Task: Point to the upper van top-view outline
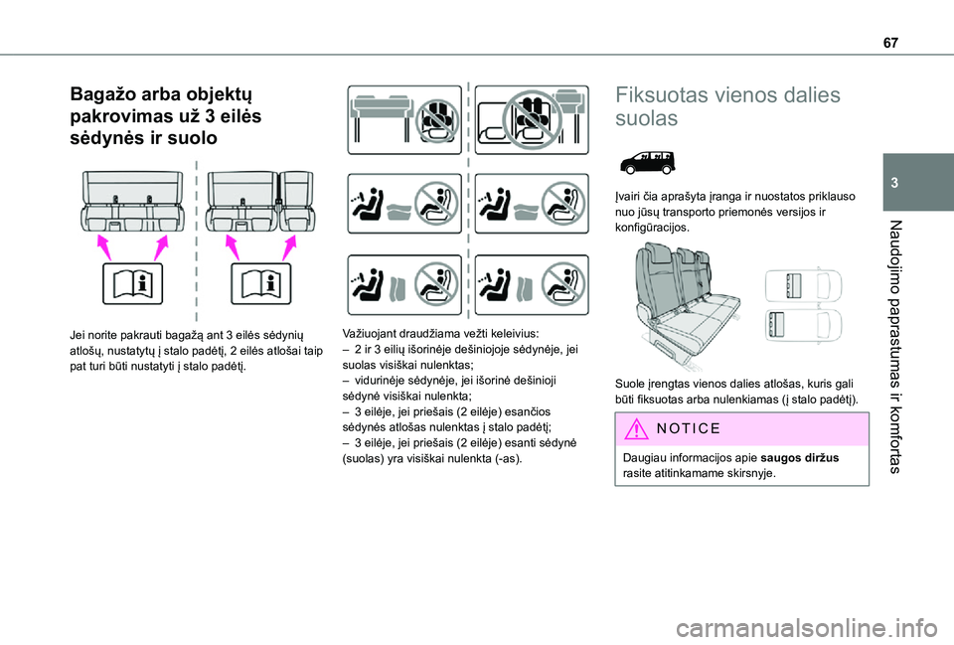[x=802, y=286]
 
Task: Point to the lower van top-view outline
[x=802, y=325]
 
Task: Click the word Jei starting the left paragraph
[x=79, y=336]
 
